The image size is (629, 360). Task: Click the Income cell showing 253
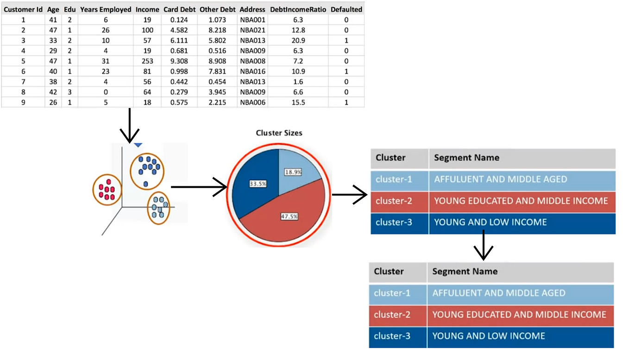tap(147, 61)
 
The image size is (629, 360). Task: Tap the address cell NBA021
tap(252, 30)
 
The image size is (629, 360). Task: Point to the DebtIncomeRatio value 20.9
tap(299, 40)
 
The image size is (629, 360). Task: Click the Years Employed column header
tap(106, 9)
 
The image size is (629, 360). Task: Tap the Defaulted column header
tap(346, 9)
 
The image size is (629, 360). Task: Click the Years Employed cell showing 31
tap(106, 61)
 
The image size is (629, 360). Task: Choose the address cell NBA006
tap(252, 102)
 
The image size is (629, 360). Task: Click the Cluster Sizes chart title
tap(279, 133)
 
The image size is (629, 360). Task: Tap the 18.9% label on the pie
tap(294, 172)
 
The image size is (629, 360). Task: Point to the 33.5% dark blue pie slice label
tap(257, 183)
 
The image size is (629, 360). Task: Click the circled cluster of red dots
tap(107, 189)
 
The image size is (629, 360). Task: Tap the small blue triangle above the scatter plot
tap(138, 145)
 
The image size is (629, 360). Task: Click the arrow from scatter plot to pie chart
tap(199, 187)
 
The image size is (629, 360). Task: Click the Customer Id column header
tap(23, 9)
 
